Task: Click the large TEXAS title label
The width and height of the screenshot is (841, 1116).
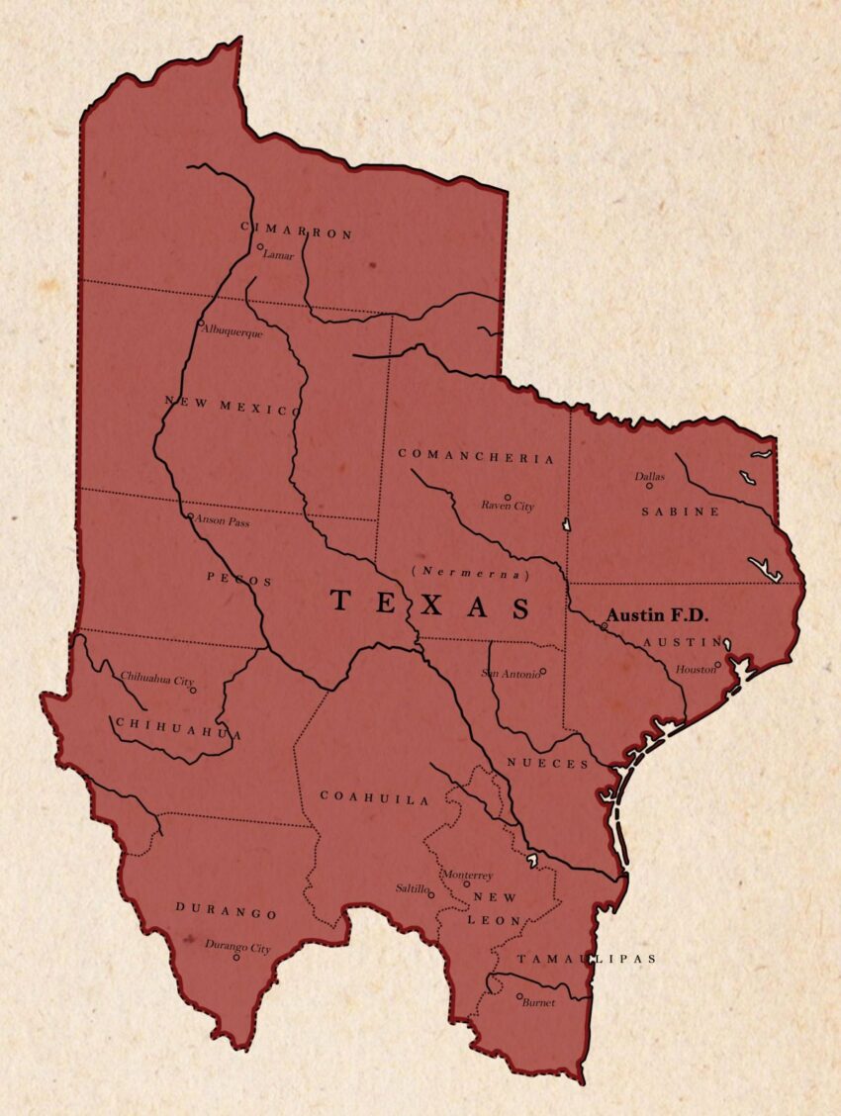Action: (x=429, y=603)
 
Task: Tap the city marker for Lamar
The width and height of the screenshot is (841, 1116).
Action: (x=260, y=247)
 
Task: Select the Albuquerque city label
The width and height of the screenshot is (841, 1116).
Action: (x=233, y=332)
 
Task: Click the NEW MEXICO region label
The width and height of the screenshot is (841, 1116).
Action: (x=232, y=406)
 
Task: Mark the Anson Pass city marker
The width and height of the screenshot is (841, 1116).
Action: (x=190, y=515)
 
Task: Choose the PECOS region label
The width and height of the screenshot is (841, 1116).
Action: (x=239, y=581)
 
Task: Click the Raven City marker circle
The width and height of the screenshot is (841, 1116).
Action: (x=508, y=497)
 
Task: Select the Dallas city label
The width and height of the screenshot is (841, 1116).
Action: (x=650, y=476)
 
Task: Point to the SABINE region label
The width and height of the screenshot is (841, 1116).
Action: (x=680, y=511)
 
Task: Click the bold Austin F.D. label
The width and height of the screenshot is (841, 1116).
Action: (x=658, y=615)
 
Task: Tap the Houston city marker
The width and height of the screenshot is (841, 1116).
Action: (x=718, y=665)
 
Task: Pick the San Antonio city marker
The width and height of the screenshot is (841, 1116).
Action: (x=543, y=671)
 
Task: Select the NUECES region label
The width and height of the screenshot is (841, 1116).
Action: (x=548, y=764)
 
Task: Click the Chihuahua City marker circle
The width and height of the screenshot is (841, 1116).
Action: (x=193, y=690)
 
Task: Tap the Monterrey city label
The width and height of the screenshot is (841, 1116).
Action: (x=468, y=875)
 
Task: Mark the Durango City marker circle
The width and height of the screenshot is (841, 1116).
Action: (x=235, y=957)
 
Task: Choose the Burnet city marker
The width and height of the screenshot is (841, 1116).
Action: (x=519, y=996)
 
